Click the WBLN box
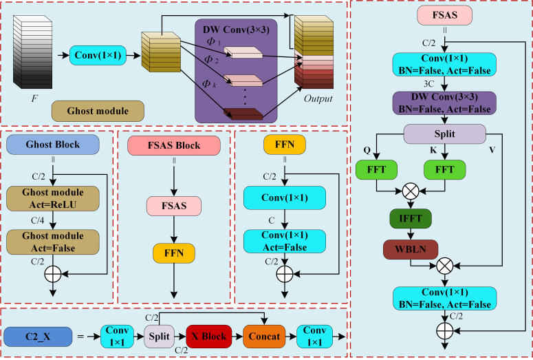411,249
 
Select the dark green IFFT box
411,218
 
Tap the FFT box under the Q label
376,169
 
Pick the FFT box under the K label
444,169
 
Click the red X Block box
208,336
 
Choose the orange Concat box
264,336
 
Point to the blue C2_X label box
38,337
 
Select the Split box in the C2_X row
159,336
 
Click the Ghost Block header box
53,145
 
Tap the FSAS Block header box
174,146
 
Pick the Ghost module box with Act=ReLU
53,198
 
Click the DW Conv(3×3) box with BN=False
444,103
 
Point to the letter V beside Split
492,150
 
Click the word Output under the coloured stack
318,98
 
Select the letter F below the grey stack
34,98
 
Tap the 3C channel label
428,83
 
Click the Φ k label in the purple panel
208,83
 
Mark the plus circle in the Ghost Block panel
53,274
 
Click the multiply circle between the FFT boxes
411,191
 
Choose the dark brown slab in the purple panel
243,114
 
